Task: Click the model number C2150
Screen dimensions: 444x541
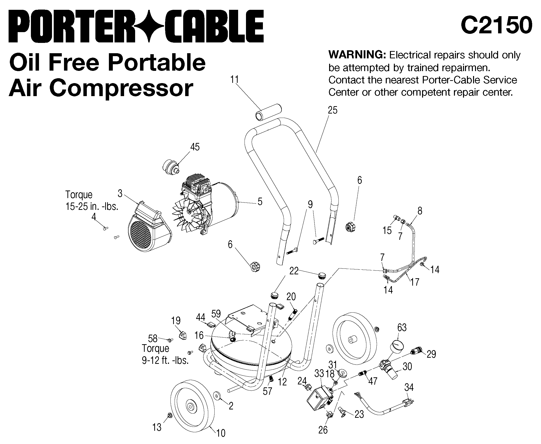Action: pos(496,25)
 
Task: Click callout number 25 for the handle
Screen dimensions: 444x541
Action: pos(333,110)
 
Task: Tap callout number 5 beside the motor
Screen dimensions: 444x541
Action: pos(260,202)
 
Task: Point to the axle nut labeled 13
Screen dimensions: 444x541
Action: pos(169,415)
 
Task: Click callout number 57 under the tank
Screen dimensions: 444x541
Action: pos(267,391)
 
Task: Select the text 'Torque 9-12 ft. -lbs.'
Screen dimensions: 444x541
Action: pos(165,355)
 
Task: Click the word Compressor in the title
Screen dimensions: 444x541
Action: pos(121,88)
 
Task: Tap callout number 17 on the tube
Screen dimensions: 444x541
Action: pos(415,282)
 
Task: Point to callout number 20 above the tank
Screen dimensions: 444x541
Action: pos(291,296)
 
